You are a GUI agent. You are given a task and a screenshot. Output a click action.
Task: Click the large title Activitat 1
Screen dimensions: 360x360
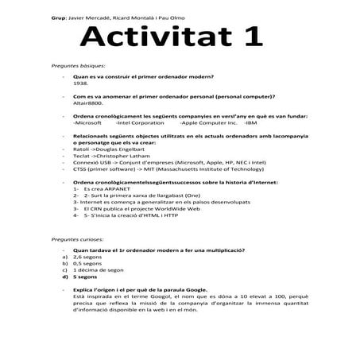coord(170,37)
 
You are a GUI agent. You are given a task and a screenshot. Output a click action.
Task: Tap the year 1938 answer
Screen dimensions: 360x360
coord(80,83)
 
